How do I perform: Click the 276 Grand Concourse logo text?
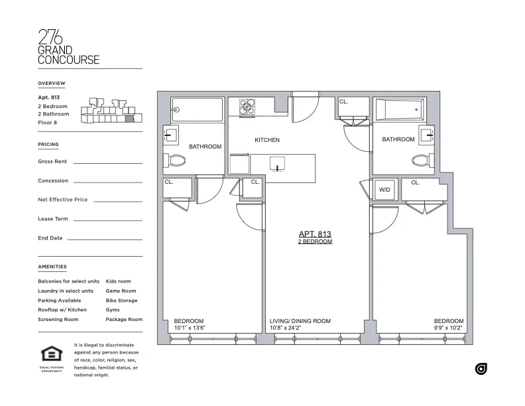68,47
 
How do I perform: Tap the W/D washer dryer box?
384,189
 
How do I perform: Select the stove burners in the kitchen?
247,107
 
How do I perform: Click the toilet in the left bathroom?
177,160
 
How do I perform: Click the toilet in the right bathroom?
420,160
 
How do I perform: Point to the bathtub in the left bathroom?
197,110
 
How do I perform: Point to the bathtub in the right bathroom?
399,109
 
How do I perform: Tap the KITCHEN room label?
267,140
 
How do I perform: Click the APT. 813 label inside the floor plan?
315,234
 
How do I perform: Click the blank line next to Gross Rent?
107,162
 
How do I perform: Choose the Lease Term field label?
53,219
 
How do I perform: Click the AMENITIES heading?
52,267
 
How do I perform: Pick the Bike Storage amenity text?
121,301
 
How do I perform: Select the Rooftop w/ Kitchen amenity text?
62,310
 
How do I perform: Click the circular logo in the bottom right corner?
481,369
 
